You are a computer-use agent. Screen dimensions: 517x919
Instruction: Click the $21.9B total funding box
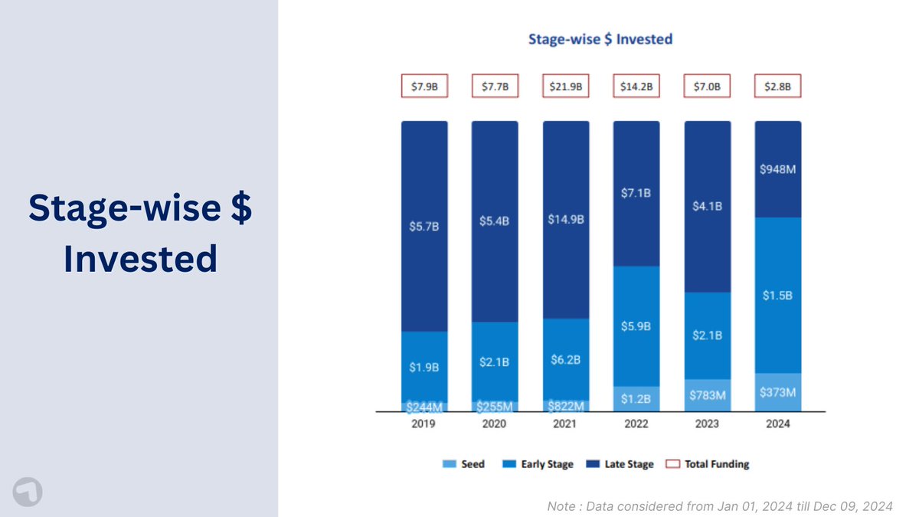coord(566,87)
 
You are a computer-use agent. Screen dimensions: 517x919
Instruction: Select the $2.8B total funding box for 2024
coord(778,87)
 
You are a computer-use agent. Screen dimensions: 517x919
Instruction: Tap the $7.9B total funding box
coord(424,87)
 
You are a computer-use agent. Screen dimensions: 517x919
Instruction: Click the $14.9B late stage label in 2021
coord(566,220)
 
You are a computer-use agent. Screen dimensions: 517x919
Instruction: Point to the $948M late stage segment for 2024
coord(778,169)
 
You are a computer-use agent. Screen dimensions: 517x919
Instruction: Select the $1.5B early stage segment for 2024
coord(778,296)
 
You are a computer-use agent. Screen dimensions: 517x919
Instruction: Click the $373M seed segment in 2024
coord(778,392)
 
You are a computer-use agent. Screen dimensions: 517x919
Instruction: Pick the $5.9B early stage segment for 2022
coord(636,326)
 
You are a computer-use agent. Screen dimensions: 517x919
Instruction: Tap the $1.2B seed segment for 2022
coord(636,399)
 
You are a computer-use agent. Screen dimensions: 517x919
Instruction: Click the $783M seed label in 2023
coord(707,396)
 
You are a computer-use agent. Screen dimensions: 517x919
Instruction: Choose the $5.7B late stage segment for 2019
coord(424,227)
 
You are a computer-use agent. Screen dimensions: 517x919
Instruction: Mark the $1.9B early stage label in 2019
coord(424,368)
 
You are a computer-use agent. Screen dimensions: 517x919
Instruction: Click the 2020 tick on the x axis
coord(495,424)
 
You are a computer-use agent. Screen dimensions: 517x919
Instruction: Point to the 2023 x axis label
coord(707,424)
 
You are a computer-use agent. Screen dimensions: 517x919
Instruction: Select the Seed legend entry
coord(464,464)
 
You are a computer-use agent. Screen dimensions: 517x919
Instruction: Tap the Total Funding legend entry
coord(708,464)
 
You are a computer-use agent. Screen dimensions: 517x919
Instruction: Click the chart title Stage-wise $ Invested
coord(600,38)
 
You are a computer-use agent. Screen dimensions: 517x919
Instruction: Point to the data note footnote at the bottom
coord(719,506)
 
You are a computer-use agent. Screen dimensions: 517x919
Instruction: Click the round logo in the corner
coord(28,491)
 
